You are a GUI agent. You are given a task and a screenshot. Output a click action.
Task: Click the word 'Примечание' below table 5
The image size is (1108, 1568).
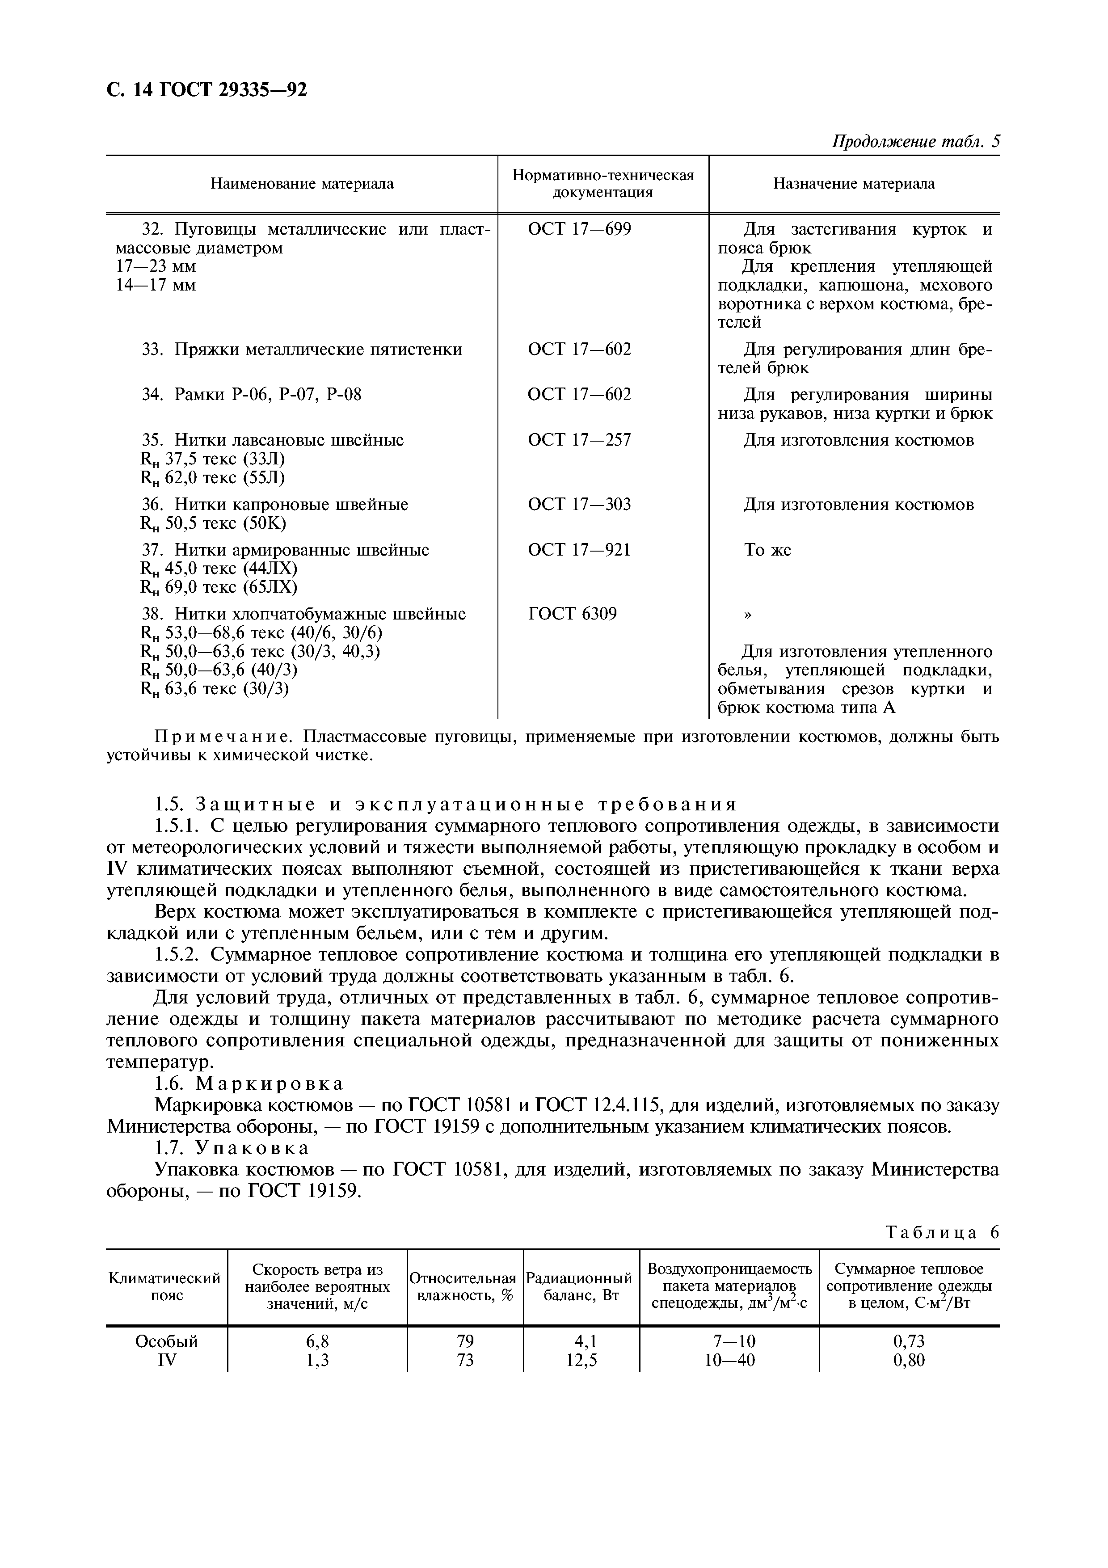[224, 737]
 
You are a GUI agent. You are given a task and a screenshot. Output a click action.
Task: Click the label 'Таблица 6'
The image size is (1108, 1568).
[941, 1232]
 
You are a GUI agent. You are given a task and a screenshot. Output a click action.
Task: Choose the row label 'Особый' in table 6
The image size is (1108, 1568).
[167, 1341]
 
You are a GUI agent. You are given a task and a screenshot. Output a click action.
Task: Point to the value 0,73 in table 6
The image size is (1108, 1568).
[909, 1341]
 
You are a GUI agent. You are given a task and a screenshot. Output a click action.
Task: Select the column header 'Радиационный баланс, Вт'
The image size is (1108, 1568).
[581, 1287]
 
